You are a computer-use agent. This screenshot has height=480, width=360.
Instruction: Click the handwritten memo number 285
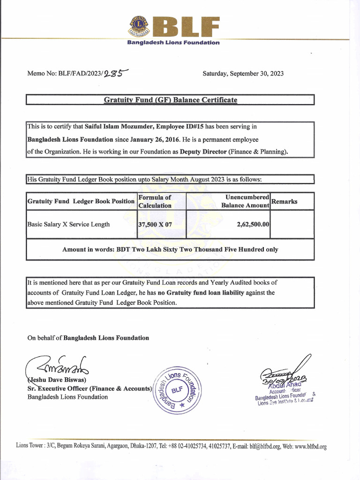115,73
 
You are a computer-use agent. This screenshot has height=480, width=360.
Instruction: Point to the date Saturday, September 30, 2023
243,74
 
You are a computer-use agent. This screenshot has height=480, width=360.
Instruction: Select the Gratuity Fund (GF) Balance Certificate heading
170,100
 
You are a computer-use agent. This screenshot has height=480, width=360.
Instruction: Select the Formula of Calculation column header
155,201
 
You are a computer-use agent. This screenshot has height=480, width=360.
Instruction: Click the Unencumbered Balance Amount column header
245,201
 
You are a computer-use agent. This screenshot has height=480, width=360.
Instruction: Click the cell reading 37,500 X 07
155,225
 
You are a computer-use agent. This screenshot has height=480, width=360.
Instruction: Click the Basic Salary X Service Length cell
68,225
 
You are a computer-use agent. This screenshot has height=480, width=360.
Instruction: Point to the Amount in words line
170,249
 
